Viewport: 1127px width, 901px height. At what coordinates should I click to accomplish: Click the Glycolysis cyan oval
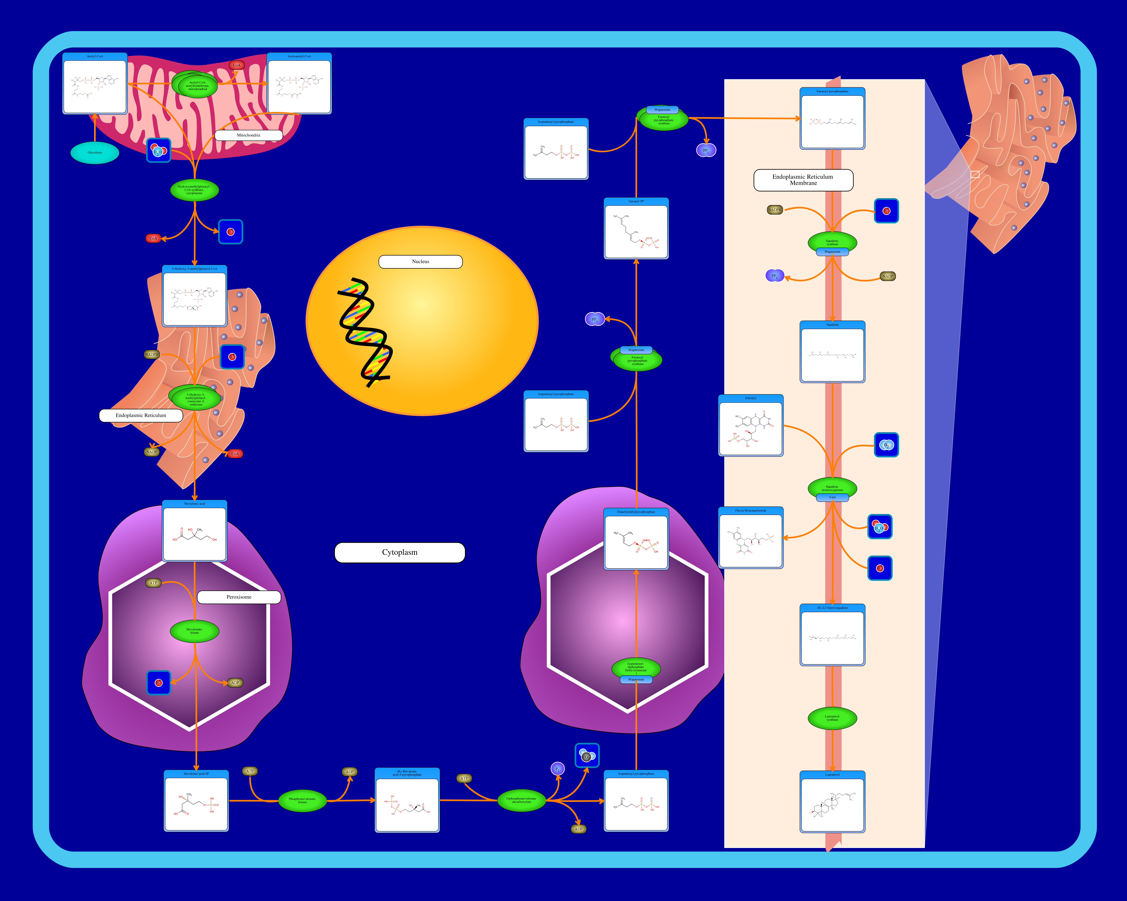(x=95, y=153)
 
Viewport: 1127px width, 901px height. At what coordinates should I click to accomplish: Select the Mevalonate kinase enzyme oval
(x=194, y=631)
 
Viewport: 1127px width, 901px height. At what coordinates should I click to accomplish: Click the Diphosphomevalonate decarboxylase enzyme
(x=521, y=800)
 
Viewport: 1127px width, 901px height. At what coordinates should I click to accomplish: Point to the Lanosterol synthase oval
(x=832, y=718)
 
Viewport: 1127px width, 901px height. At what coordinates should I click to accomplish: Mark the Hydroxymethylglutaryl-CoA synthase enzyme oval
(x=194, y=190)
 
